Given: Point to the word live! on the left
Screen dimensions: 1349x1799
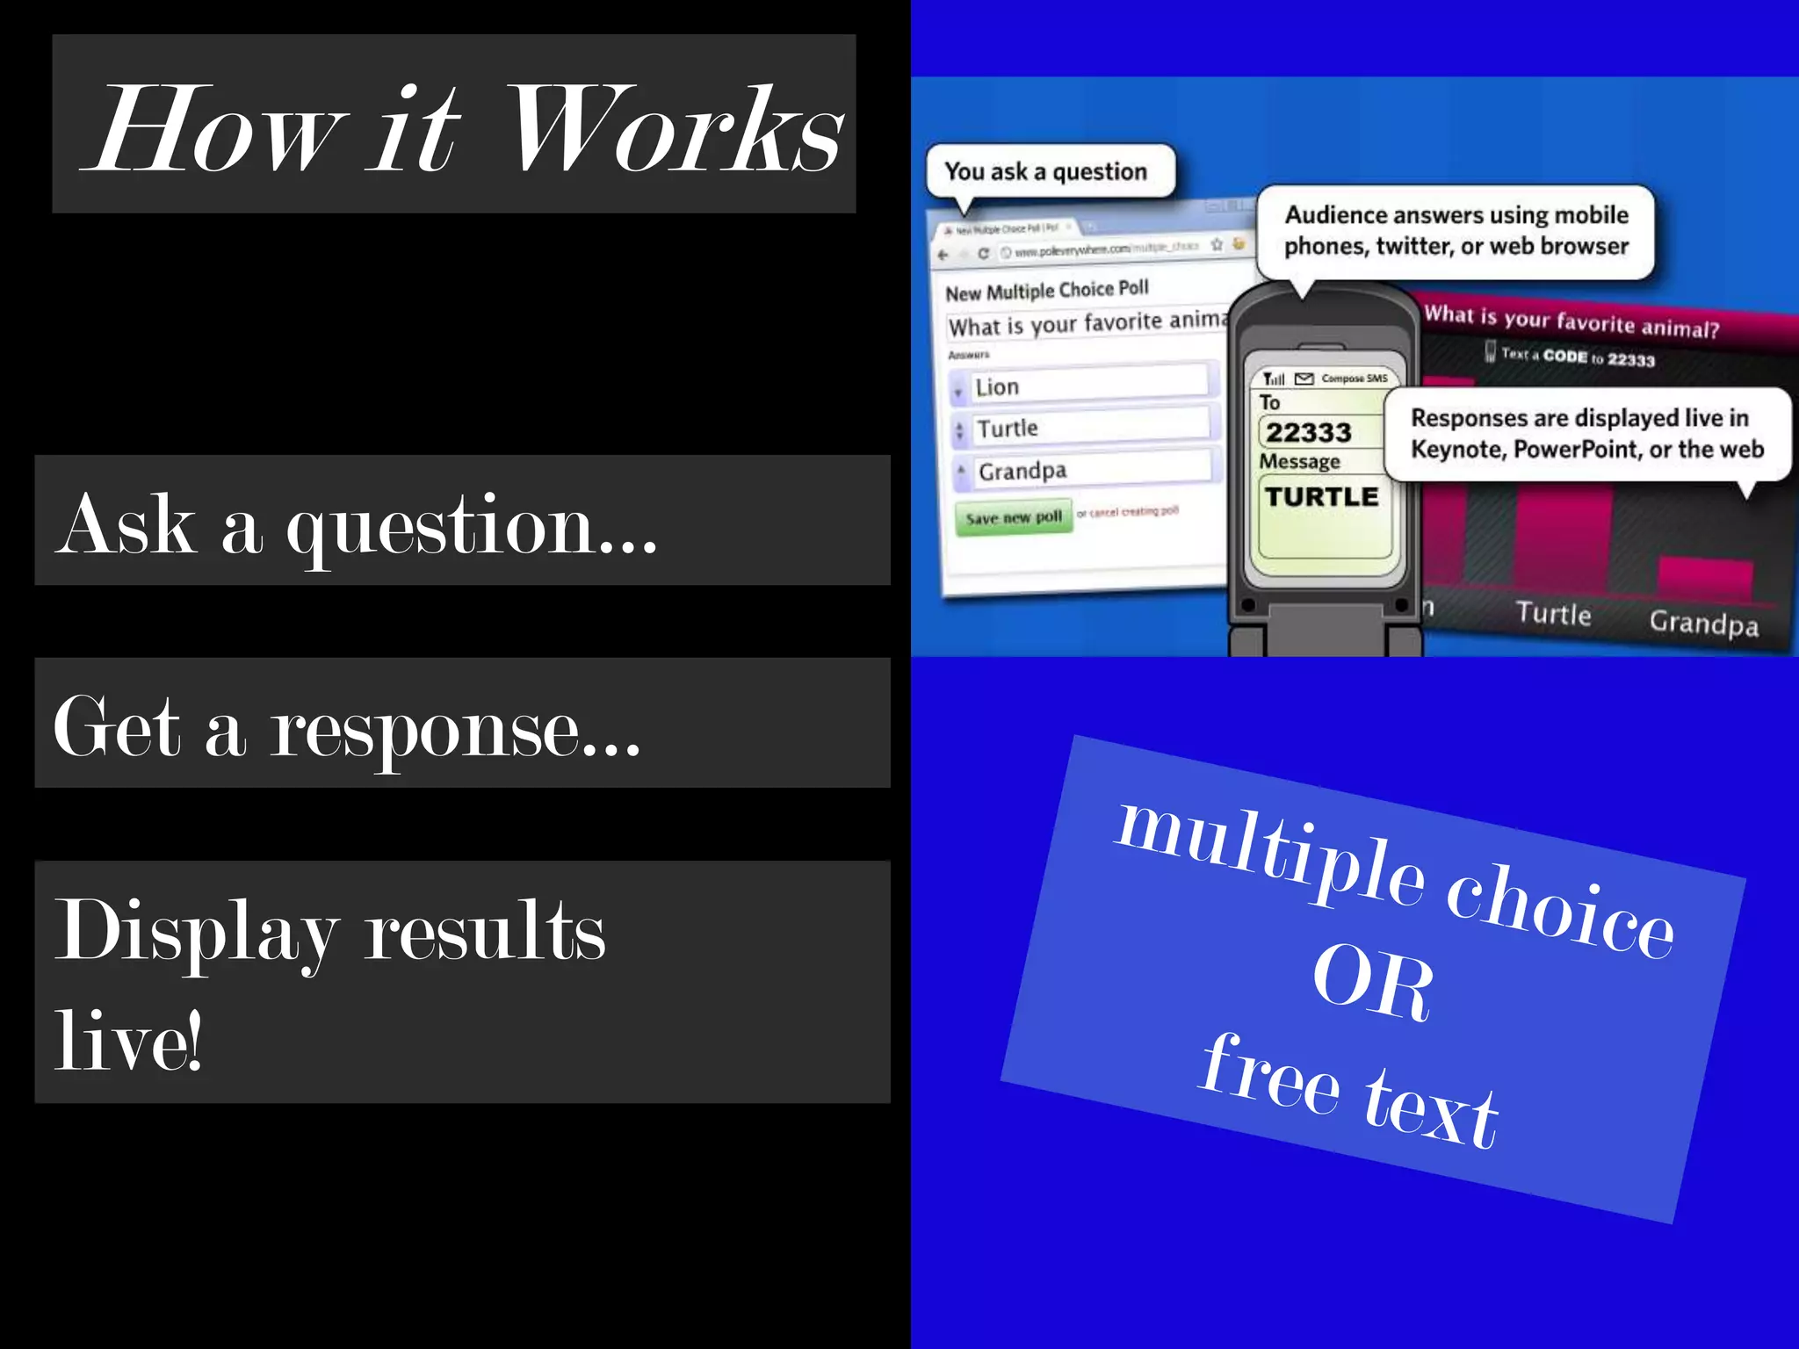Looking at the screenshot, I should coord(128,1042).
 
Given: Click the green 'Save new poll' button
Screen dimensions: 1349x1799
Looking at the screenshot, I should coord(1014,517).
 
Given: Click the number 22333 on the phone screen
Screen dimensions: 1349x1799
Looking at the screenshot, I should coord(1308,432).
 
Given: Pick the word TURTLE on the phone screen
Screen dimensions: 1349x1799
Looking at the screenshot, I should coord(1321,497).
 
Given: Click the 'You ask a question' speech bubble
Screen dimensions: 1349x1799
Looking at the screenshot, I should coord(1046,171).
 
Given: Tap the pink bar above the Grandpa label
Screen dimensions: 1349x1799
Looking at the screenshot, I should coord(1704,579).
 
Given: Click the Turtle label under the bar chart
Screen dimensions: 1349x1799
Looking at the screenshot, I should coord(1553,613).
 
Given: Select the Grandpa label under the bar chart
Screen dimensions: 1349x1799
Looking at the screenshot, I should coord(1703,623).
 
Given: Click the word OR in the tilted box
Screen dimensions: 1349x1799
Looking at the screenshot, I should coord(1372,984).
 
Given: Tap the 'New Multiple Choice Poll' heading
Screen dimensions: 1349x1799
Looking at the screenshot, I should coord(1046,291).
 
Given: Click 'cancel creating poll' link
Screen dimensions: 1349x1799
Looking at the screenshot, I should coord(1133,511).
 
